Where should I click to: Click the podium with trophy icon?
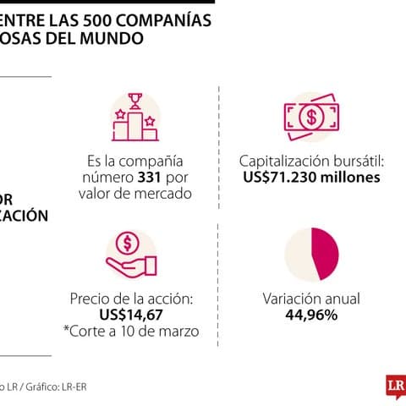click(134, 118)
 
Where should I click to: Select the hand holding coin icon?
click(129, 254)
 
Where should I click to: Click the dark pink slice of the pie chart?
click(326, 253)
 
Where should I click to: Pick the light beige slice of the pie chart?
click(295, 254)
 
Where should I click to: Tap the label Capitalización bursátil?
click(310, 161)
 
